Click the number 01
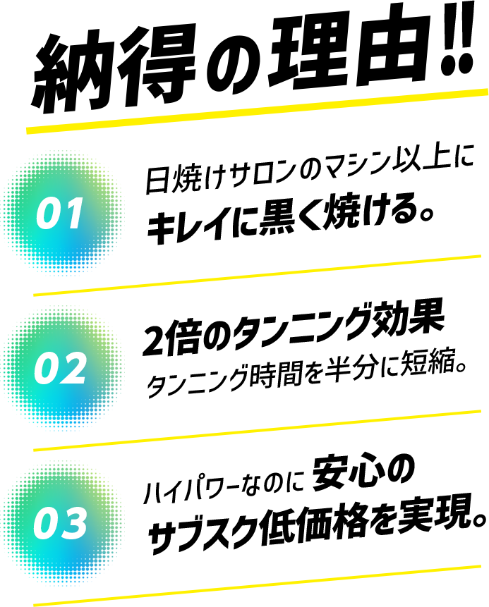(61, 214)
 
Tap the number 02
(61, 369)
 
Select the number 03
(61, 524)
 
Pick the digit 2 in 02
(74, 369)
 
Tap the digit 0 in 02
(47, 369)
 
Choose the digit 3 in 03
(74, 524)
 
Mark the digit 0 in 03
(47, 524)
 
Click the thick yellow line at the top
(258, 111)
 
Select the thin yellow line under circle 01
(258, 275)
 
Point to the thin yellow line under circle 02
(258, 430)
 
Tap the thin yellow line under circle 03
(258, 585)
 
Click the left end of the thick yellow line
(28, 130)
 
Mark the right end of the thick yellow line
(486, 92)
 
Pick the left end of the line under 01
(35, 295)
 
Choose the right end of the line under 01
(479, 256)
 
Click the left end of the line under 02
(35, 450)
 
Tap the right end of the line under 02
(479, 411)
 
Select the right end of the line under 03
(479, 566)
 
